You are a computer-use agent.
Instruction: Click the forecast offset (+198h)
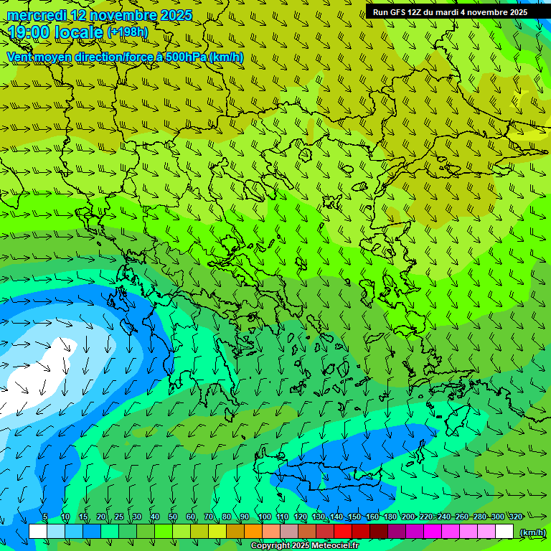point(128,32)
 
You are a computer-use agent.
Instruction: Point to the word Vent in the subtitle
point(21,57)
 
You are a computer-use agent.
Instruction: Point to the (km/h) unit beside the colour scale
point(532,532)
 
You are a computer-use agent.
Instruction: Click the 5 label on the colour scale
point(45,517)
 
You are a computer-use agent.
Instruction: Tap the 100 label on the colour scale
point(265,517)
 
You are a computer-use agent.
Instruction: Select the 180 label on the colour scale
point(390,517)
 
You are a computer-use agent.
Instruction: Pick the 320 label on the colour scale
point(515,517)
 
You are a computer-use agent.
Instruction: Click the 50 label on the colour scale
point(173,517)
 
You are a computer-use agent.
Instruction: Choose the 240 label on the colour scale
point(443,517)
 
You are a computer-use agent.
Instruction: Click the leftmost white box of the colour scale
point(38,532)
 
